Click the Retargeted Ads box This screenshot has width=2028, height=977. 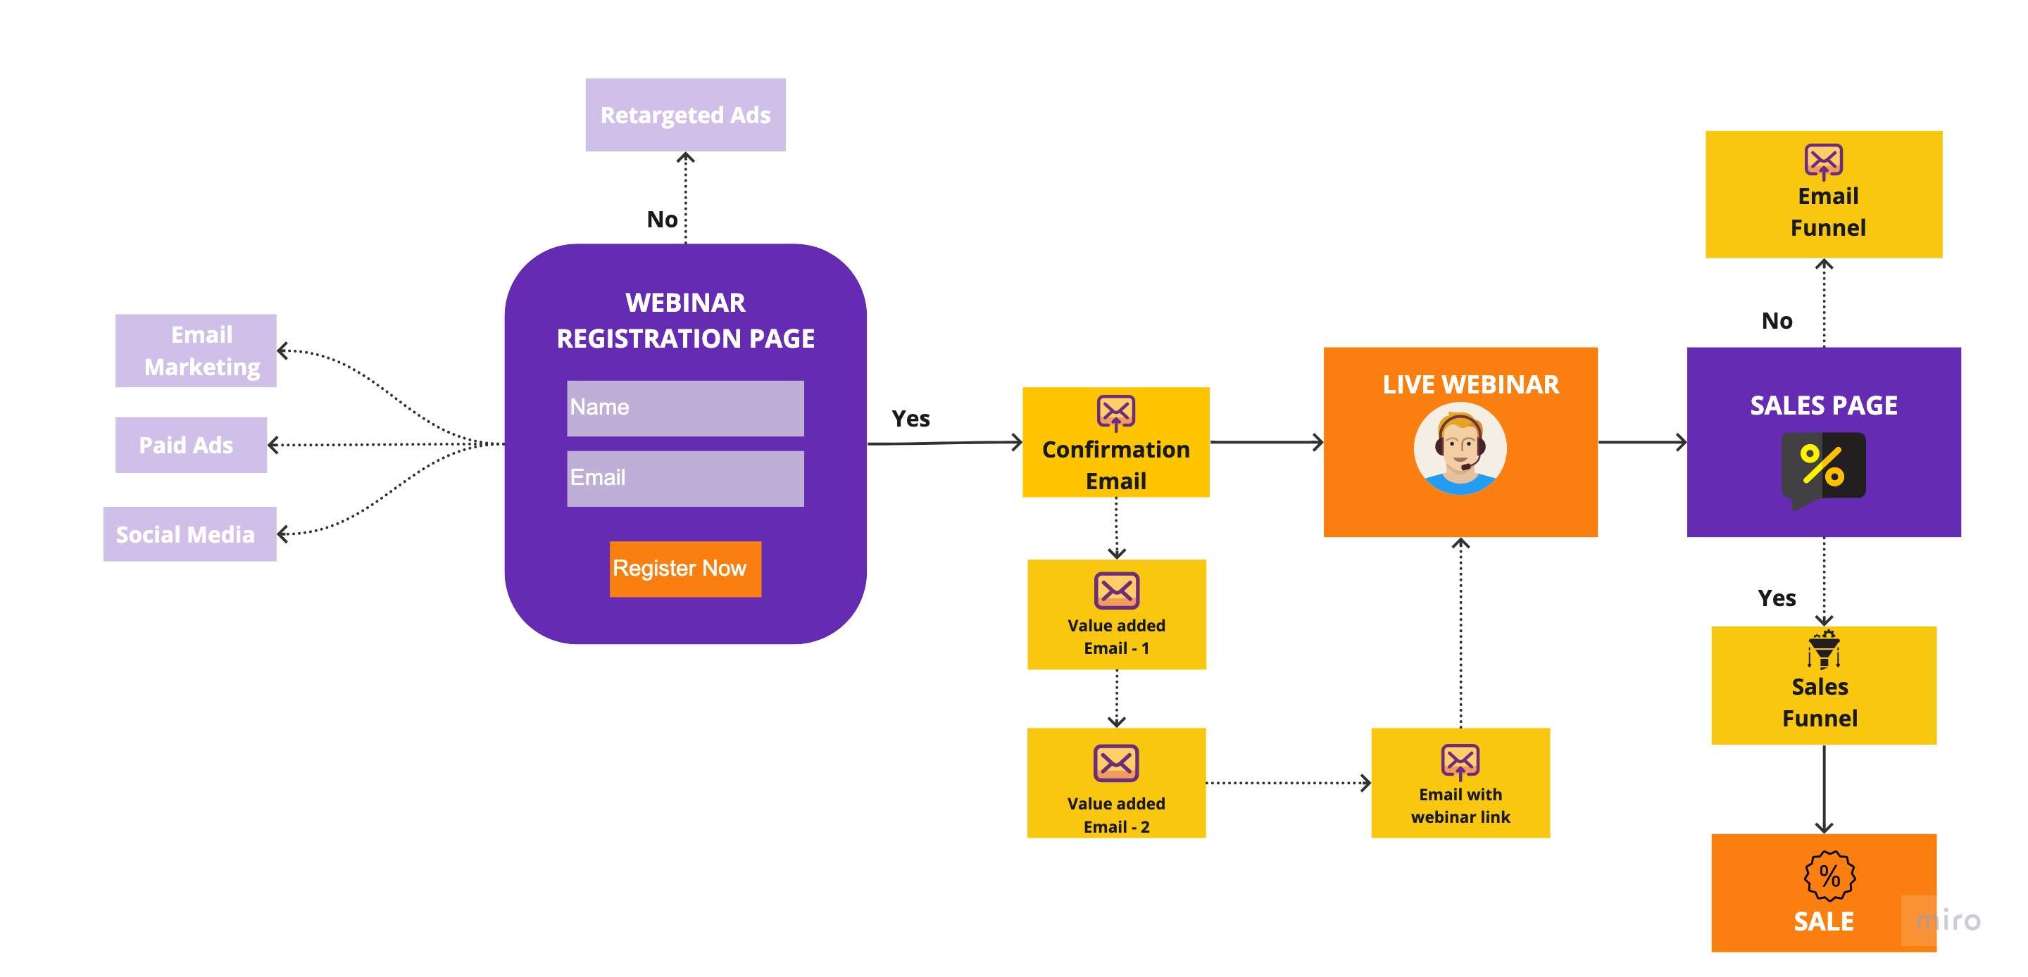point(685,115)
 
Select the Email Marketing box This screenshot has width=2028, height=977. point(195,351)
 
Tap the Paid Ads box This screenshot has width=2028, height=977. point(191,445)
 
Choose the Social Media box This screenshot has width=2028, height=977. point(189,534)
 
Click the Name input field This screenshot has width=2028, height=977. point(685,408)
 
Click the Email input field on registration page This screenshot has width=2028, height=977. point(685,478)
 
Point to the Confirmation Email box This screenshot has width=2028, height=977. point(1115,443)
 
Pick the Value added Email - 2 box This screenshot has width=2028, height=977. point(1116,783)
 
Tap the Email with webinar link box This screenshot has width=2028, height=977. point(1460,783)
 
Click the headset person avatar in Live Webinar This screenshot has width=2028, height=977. point(1460,449)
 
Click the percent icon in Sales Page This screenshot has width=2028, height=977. point(1823,466)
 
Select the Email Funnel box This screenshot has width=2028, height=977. point(1823,194)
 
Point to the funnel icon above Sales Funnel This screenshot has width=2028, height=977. point(1823,650)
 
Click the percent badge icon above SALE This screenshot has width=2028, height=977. point(1829,876)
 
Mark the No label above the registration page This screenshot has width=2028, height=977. point(662,220)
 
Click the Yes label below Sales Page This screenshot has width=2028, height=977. point(1777,598)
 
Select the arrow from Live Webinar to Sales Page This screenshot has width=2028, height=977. point(1642,443)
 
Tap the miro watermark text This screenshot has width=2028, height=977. point(1948,920)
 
